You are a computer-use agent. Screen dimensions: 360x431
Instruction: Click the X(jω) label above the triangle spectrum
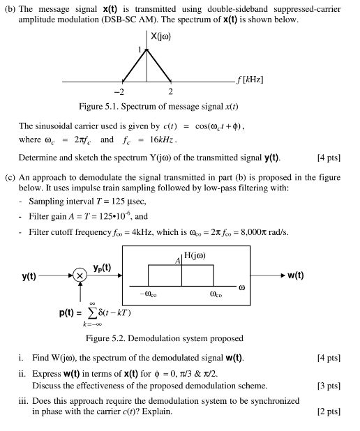point(160,36)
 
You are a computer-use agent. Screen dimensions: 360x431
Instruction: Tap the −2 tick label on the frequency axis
point(119,91)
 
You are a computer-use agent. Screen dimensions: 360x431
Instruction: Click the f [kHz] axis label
point(250,80)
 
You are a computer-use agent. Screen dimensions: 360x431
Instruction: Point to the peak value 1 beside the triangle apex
point(140,50)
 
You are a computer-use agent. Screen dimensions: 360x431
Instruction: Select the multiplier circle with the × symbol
point(80,275)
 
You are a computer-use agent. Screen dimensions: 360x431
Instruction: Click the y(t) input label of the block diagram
point(29,276)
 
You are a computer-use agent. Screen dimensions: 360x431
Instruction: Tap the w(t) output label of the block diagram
point(296,275)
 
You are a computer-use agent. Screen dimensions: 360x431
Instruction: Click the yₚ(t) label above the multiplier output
point(102,268)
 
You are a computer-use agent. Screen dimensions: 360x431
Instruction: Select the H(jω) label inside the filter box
point(195,256)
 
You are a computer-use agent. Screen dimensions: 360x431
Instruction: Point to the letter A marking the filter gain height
point(178,261)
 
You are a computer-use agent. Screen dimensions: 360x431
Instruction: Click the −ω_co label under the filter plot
point(148,294)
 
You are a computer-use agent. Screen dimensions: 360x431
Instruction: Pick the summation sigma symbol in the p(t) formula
point(93,313)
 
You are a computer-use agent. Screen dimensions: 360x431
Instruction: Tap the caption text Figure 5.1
point(99,107)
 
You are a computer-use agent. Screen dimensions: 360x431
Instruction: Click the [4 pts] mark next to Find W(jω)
point(329,358)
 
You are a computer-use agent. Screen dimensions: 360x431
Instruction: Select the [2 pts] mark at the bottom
point(329,411)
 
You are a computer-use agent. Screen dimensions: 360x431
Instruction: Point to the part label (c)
point(10,178)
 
